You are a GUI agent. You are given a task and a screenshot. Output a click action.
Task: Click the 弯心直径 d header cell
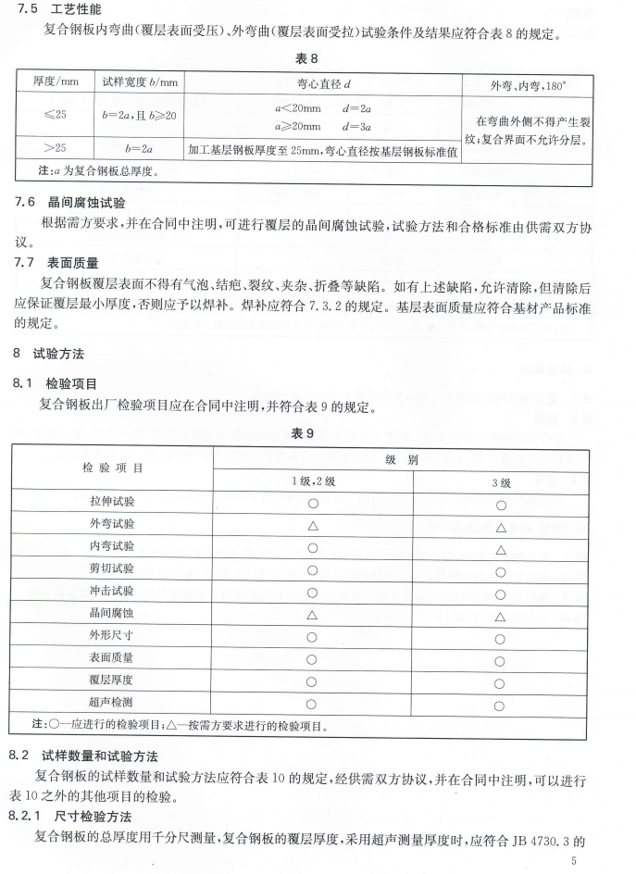pyautogui.click(x=322, y=83)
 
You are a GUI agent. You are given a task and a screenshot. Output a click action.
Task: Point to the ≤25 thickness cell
pyautogui.click(x=56, y=116)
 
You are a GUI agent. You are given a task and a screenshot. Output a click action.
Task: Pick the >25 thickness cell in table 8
pyautogui.click(x=56, y=147)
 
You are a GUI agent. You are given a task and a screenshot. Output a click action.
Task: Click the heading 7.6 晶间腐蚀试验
pyautogui.click(x=69, y=202)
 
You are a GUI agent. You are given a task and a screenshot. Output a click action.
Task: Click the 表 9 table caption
pyautogui.click(x=318, y=433)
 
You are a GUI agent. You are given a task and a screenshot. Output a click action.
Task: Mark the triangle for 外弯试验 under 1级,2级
pyautogui.click(x=313, y=526)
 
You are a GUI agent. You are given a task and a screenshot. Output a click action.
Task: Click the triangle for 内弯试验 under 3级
pyautogui.click(x=500, y=549)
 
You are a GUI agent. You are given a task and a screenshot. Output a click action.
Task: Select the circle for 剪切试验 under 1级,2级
pyautogui.click(x=313, y=570)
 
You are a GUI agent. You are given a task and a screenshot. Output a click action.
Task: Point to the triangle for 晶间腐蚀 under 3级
pyautogui.click(x=500, y=616)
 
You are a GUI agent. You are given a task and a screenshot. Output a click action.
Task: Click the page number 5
pyautogui.click(x=574, y=862)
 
